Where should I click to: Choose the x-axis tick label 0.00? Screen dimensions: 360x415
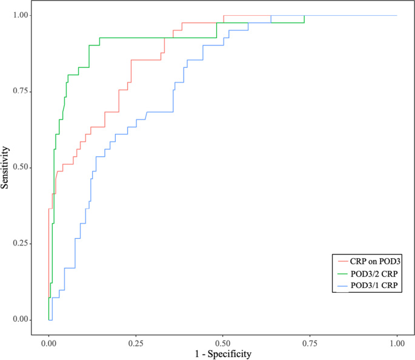(48, 342)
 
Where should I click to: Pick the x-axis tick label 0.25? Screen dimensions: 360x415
(136, 342)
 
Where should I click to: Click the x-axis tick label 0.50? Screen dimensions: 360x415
(223, 342)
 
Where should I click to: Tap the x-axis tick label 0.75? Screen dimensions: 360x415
(310, 342)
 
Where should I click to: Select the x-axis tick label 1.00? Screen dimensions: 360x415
(397, 342)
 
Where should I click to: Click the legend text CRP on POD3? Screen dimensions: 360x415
(376, 261)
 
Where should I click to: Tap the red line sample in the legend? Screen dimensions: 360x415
(342, 261)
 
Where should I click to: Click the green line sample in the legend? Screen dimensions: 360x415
(342, 274)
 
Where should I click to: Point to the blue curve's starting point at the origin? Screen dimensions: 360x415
(50, 319)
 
